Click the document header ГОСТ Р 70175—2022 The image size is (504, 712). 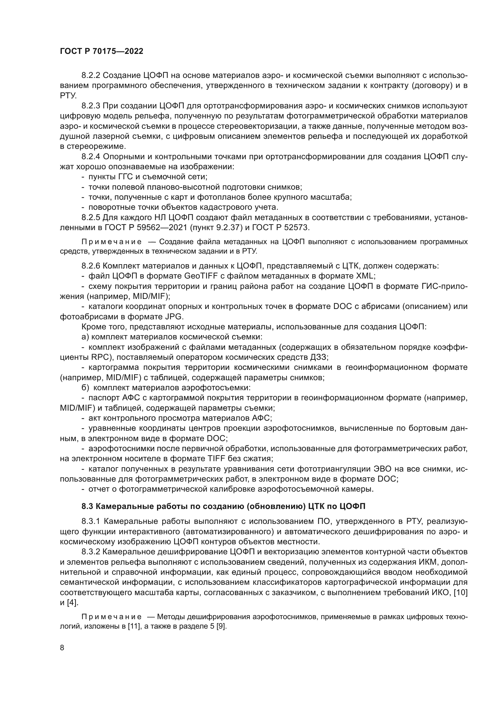point(101,51)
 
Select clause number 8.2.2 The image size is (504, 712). point(91,75)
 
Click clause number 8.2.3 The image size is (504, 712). point(91,106)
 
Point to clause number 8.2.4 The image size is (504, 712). point(91,156)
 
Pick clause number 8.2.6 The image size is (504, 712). point(91,266)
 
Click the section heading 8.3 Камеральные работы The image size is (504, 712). point(223,507)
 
